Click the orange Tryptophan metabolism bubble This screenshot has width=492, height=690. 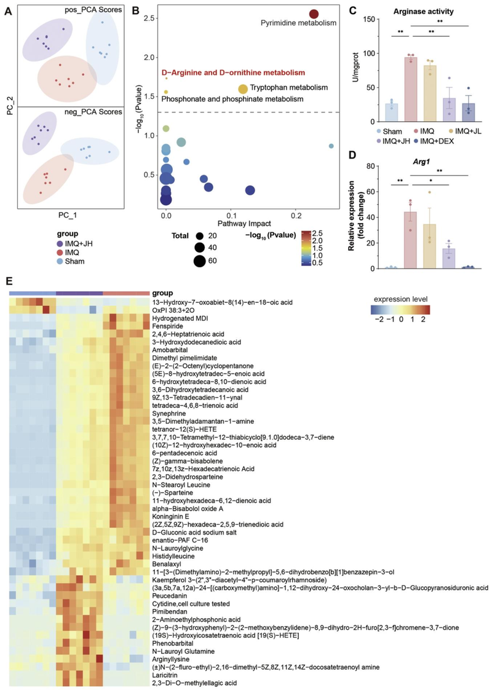(x=243, y=89)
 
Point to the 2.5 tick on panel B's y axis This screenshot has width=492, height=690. (x=147, y=18)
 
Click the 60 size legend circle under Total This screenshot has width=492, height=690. (x=200, y=262)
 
